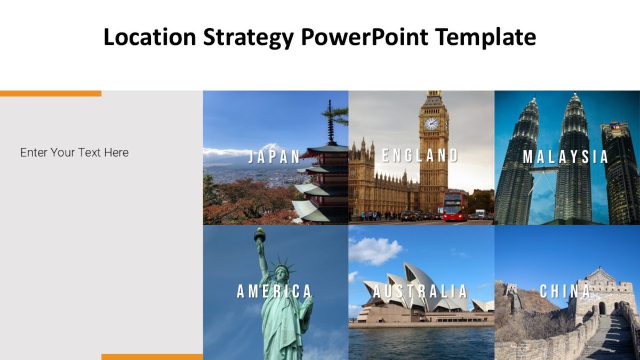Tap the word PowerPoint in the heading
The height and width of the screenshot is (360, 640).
[x=364, y=37]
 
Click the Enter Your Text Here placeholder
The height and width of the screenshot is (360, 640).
[x=74, y=153]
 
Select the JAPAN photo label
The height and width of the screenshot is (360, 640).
[x=275, y=156]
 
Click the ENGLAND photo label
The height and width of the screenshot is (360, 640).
[x=420, y=155]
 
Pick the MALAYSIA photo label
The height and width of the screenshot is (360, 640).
[x=565, y=156]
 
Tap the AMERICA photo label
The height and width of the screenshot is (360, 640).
[x=274, y=291]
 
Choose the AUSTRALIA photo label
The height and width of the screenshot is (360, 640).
[x=420, y=291]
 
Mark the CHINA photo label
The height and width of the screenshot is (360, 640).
[x=565, y=291]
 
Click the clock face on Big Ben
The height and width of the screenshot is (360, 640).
[x=431, y=124]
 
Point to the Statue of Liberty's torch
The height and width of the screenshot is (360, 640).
[x=260, y=235]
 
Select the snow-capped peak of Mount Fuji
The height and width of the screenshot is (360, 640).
[x=272, y=148]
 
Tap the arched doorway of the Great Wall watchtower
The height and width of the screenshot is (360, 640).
[x=602, y=308]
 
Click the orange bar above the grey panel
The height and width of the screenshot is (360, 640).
[x=51, y=93]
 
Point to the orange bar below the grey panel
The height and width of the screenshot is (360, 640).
[x=152, y=357]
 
